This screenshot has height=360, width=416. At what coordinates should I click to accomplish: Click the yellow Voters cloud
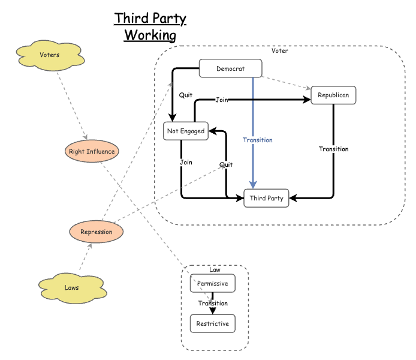[x=49, y=56]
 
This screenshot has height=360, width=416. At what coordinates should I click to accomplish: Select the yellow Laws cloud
[x=71, y=287]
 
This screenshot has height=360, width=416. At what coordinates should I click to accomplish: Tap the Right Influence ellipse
[x=92, y=151]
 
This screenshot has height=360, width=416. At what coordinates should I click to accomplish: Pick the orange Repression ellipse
[x=97, y=231]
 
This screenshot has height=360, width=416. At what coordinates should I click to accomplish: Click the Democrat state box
[x=230, y=68]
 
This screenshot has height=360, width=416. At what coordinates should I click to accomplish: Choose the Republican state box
[x=333, y=95]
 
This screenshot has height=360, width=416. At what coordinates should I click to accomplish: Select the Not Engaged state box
[x=186, y=131]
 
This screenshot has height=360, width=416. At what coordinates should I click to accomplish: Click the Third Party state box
[x=266, y=198]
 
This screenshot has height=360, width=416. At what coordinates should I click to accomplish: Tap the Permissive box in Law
[x=212, y=283]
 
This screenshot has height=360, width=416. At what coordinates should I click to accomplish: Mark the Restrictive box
[x=212, y=324]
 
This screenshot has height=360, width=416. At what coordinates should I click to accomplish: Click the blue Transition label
[x=258, y=140]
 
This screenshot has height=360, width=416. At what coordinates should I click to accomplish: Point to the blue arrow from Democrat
[x=254, y=108]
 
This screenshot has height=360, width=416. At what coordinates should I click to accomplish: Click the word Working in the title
[x=150, y=35]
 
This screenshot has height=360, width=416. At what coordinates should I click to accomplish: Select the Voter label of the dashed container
[x=279, y=51]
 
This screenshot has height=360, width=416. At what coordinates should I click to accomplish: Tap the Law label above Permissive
[x=215, y=269]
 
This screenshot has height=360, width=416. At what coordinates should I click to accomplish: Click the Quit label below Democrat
[x=186, y=95]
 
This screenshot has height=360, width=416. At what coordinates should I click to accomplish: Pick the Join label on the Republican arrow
[x=222, y=100]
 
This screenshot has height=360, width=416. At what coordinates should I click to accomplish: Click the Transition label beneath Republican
[x=333, y=149]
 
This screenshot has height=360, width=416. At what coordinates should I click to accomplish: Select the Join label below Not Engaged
[x=185, y=162]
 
